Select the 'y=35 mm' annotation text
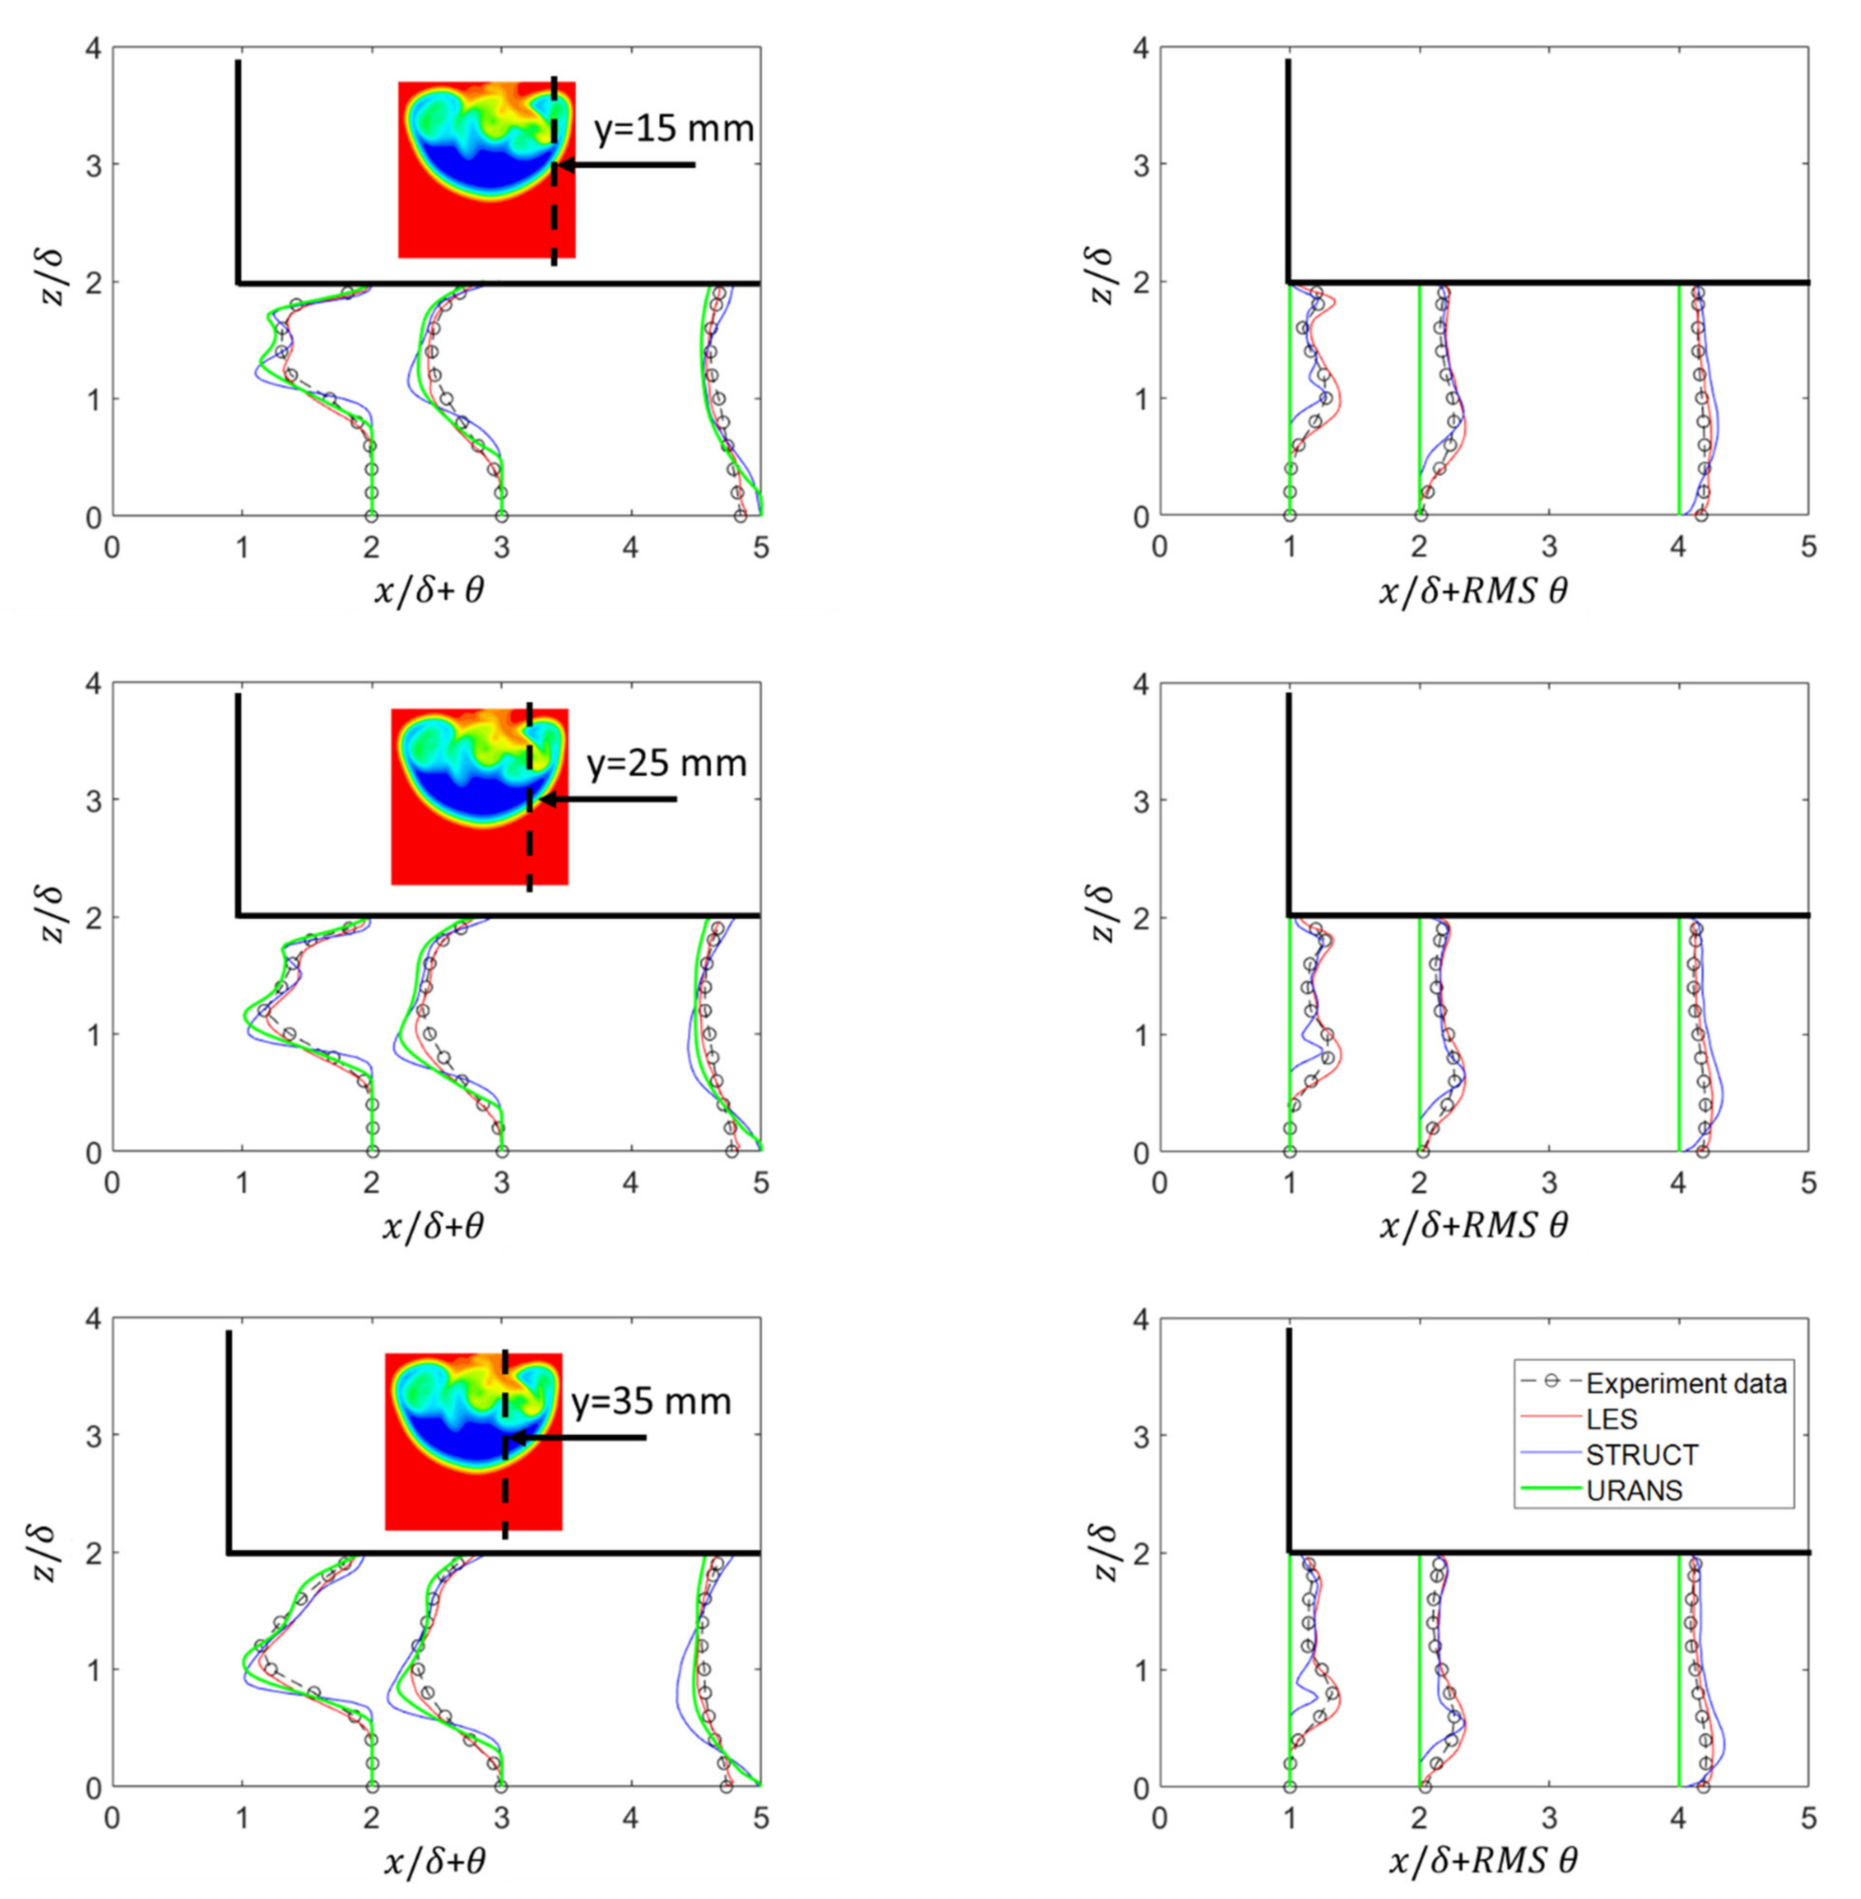tap(651, 1402)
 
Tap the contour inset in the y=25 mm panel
tap(479, 797)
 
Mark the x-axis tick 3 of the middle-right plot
tap(1548, 1183)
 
